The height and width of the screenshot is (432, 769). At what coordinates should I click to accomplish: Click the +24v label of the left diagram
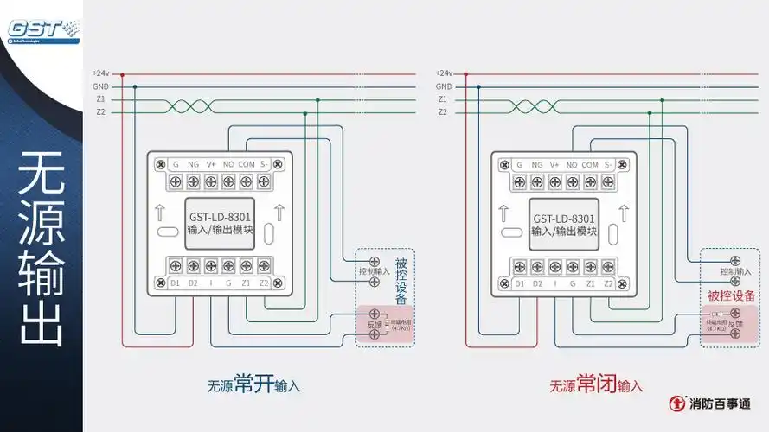[x=100, y=74]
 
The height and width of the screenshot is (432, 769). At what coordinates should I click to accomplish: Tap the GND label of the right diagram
[x=443, y=86]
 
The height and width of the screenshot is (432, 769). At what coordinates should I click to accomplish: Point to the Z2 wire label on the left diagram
[x=101, y=112]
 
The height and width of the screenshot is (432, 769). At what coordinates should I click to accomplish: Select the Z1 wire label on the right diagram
[x=443, y=99]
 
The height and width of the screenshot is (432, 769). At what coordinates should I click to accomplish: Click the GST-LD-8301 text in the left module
[x=221, y=218]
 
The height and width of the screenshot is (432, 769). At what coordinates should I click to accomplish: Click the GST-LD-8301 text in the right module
[x=564, y=218]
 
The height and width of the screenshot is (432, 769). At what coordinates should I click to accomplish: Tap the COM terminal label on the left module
[x=247, y=164]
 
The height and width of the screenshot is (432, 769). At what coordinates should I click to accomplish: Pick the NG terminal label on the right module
[x=537, y=164]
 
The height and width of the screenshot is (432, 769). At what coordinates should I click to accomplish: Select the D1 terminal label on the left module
[x=175, y=283]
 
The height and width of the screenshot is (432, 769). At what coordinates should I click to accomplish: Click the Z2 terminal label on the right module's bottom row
[x=608, y=283]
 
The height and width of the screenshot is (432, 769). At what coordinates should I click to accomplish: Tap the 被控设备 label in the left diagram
[x=401, y=280]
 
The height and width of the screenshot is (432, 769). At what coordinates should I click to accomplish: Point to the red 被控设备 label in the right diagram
[x=732, y=295]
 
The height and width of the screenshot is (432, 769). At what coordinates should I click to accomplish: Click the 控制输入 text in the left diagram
[x=375, y=270]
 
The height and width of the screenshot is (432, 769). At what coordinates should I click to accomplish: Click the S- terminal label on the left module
[x=265, y=164]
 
